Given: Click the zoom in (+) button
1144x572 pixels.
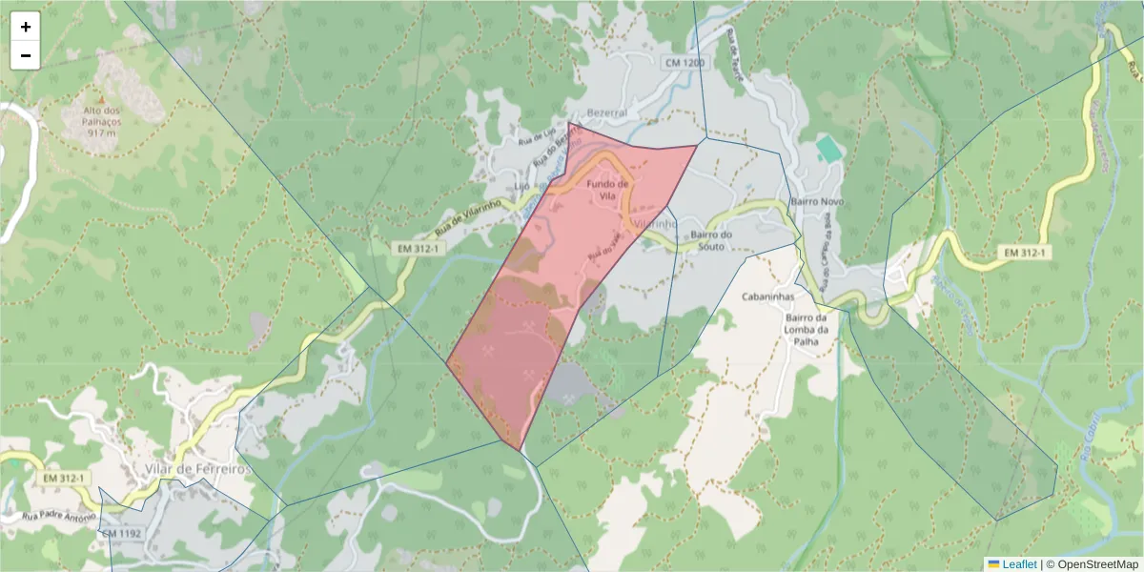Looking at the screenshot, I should click(x=26, y=27).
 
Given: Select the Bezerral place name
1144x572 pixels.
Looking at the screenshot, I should click(x=607, y=112).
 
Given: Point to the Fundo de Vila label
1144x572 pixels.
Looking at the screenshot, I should click(x=607, y=190).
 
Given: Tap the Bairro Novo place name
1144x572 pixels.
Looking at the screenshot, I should click(x=818, y=203).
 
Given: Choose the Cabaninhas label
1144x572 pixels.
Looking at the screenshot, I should click(x=768, y=296).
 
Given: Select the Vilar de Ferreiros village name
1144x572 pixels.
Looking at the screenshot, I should click(x=198, y=469).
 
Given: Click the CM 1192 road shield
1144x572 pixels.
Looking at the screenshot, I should click(x=121, y=534).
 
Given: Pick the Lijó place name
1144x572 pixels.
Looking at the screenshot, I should click(x=521, y=185).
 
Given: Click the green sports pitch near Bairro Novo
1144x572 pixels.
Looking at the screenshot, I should click(x=828, y=149).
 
